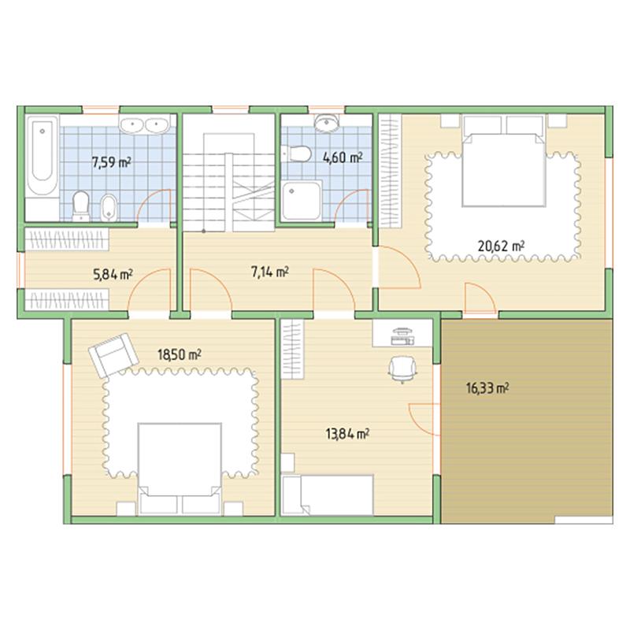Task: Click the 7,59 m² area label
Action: [112, 162]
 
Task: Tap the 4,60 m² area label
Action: [343, 157]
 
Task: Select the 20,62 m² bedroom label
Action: [501, 245]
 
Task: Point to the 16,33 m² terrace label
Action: [487, 388]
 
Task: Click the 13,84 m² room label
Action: [347, 434]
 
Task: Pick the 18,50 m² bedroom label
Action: [180, 354]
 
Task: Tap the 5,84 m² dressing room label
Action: [113, 274]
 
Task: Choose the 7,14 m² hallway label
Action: [269, 272]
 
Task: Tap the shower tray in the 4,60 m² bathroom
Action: [302, 201]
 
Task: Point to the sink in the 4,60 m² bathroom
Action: [326, 123]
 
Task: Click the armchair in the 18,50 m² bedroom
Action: [114, 355]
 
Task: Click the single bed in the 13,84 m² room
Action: [328, 495]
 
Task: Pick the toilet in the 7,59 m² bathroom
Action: [81, 206]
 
